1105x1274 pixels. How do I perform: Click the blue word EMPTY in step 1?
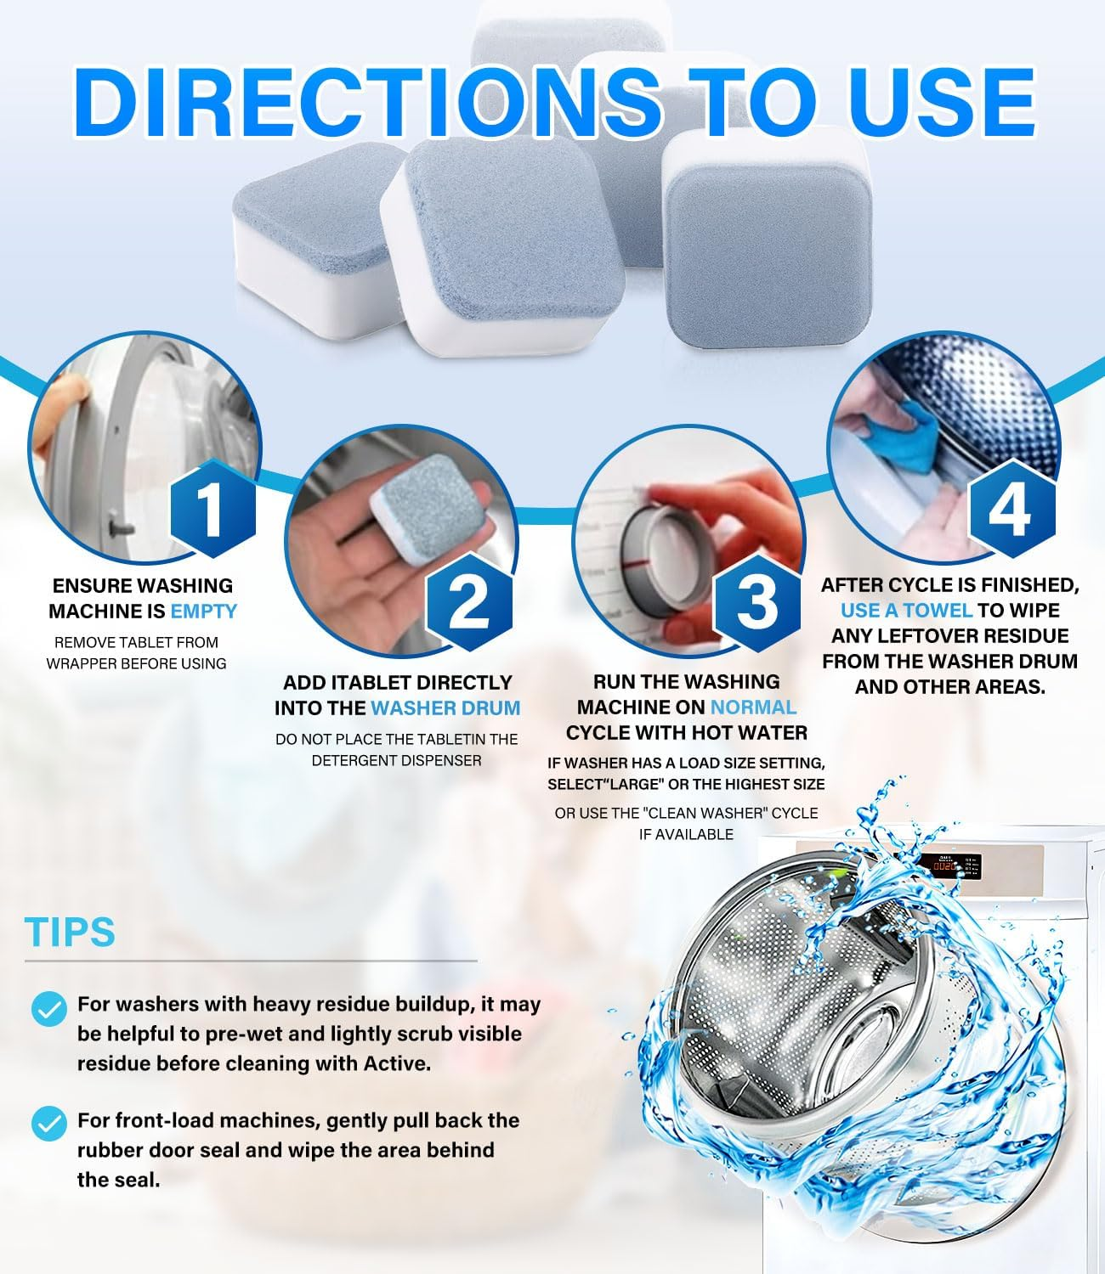(204, 612)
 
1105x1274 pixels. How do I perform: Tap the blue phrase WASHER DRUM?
(445, 708)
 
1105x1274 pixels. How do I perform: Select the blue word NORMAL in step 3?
(753, 707)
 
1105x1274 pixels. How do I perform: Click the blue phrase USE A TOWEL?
(906, 611)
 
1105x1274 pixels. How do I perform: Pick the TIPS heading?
(70, 932)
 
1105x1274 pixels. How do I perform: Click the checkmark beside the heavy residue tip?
(48, 1008)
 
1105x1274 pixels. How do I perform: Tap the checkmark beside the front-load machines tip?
(48, 1124)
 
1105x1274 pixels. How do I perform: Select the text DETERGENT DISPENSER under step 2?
(396, 761)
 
